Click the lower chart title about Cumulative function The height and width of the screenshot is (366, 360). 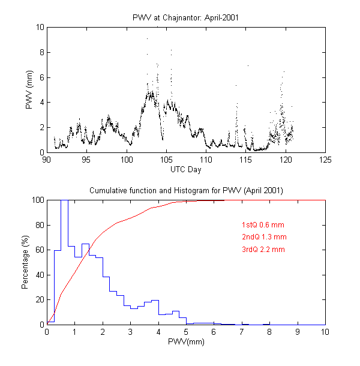click(186, 190)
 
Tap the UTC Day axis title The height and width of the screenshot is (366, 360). click(186, 169)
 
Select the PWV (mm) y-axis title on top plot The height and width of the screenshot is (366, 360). click(29, 90)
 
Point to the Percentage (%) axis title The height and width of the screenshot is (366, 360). click(25, 262)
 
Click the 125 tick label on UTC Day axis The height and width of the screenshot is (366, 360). click(325, 160)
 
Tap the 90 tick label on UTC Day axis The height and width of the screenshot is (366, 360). click(47, 160)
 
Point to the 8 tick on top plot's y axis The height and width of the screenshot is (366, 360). click(40, 52)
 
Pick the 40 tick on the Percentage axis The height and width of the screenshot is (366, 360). click(38, 275)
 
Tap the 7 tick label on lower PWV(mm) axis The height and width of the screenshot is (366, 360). click(242, 332)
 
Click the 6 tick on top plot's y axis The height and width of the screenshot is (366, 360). click(40, 77)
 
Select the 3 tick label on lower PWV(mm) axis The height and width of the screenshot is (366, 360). click(130, 332)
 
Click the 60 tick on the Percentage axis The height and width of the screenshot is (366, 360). click(38, 250)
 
